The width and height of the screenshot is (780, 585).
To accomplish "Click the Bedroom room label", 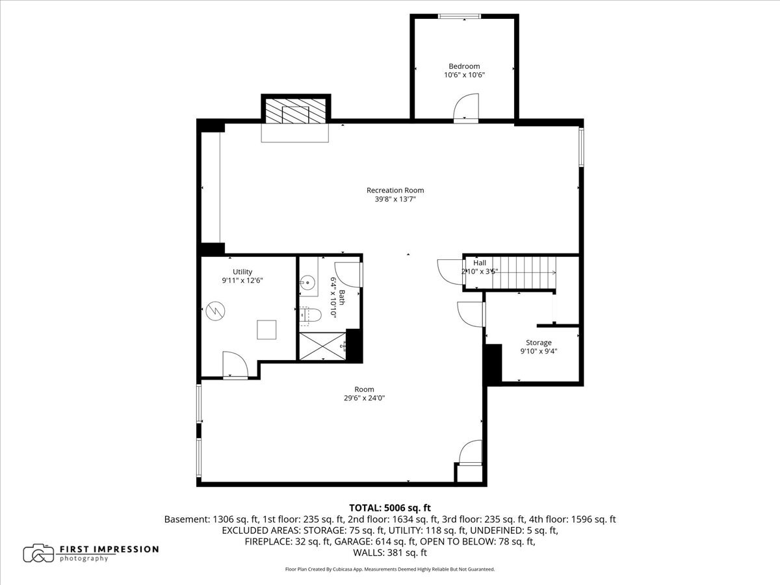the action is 464,66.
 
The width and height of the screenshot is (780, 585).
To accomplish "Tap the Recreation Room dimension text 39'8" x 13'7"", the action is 395,199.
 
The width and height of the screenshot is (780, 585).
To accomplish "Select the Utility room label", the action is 242,272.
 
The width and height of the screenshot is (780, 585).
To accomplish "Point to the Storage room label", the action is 539,343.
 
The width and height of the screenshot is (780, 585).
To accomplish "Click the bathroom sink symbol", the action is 307,283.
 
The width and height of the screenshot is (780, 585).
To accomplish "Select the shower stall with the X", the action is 322,346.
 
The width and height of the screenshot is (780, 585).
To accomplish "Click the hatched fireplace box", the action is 296,110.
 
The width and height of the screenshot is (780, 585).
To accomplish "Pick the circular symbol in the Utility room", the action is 215,311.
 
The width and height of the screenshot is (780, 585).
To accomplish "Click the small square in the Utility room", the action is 266,330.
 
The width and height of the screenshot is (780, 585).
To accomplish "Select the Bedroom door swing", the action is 466,108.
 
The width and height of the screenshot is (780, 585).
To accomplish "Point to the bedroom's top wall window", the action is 459,16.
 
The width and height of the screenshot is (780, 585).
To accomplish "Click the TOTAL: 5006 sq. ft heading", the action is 390,508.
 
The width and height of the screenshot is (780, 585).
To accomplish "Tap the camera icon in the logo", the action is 38,553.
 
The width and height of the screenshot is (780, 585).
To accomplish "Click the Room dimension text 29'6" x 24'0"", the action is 364,398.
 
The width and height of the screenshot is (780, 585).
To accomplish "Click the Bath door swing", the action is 348,274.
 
